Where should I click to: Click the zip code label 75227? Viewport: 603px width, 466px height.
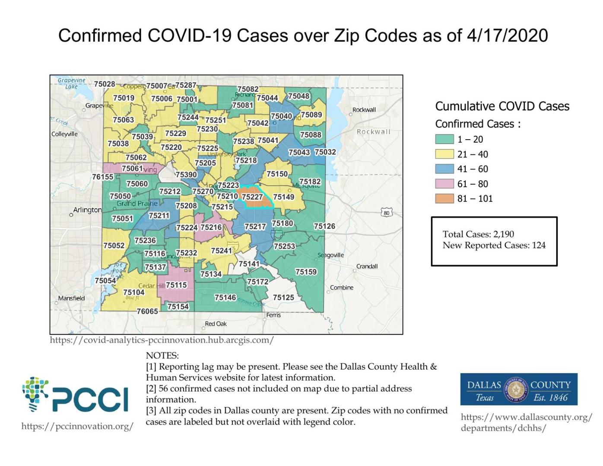[252, 197]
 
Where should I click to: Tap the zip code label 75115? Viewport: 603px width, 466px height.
[176, 285]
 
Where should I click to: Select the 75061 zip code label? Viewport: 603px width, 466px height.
[132, 168]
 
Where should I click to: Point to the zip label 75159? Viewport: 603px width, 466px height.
[306, 272]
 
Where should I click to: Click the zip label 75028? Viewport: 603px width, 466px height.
[105, 84]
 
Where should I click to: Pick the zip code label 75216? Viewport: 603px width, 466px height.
[211, 227]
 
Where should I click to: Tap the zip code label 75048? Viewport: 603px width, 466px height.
[298, 96]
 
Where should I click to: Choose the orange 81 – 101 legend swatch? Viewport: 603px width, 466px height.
[444, 198]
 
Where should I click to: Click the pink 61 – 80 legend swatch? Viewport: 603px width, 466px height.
[444, 184]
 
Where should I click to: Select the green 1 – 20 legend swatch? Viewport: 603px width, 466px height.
[444, 139]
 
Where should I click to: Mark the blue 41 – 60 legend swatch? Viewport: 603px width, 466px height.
[444, 169]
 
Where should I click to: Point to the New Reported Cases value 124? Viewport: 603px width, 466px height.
[539, 246]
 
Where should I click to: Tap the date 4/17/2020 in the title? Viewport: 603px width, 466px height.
[507, 35]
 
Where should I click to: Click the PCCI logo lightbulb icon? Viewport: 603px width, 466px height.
[36, 393]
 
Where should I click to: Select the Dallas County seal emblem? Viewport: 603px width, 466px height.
[516, 389]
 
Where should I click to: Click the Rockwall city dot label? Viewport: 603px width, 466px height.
[364, 110]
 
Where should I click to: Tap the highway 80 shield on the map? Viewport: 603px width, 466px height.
[386, 213]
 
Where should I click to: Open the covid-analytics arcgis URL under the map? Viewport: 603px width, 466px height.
[162, 340]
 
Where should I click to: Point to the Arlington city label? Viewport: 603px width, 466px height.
[87, 210]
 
